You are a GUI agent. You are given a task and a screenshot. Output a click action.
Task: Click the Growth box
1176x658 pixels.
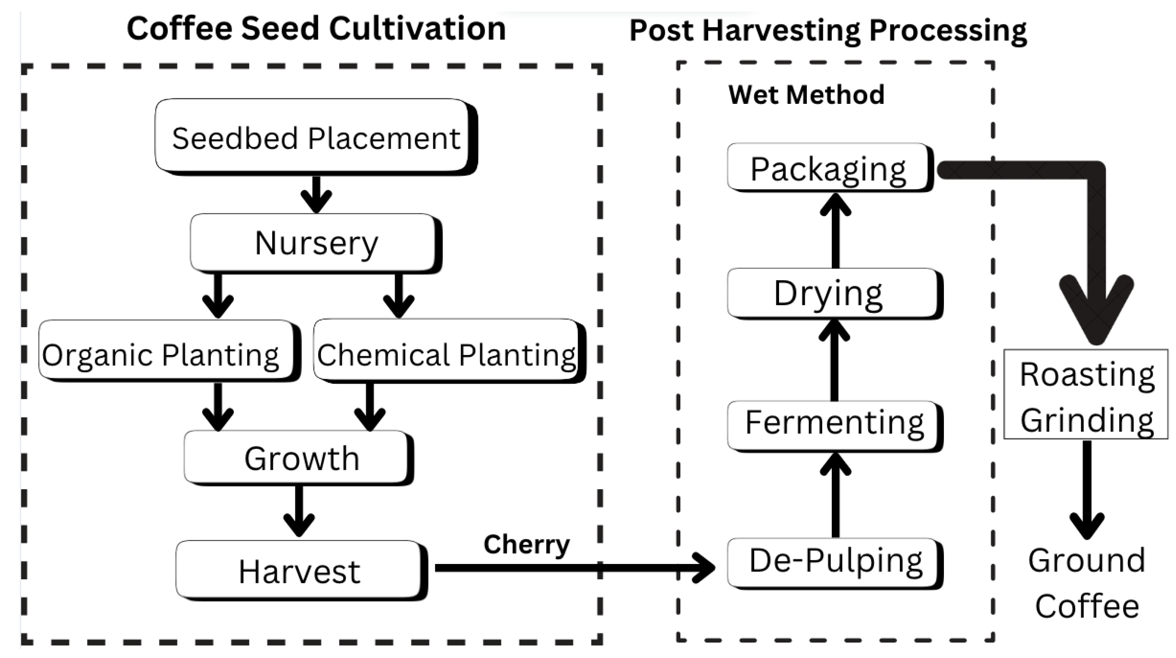[x=299, y=458]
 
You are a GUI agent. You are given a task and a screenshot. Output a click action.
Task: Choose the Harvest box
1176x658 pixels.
[x=299, y=570]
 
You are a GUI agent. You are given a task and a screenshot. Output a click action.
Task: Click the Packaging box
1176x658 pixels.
[x=829, y=168]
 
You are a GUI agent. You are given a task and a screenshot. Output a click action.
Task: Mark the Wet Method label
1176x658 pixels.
[x=806, y=94]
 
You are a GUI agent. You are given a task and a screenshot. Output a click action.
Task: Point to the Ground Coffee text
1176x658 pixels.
[x=1086, y=583]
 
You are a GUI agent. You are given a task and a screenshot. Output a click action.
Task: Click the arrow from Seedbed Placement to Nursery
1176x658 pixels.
[x=316, y=194]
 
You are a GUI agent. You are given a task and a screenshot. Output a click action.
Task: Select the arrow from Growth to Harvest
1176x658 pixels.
[x=299, y=511]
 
